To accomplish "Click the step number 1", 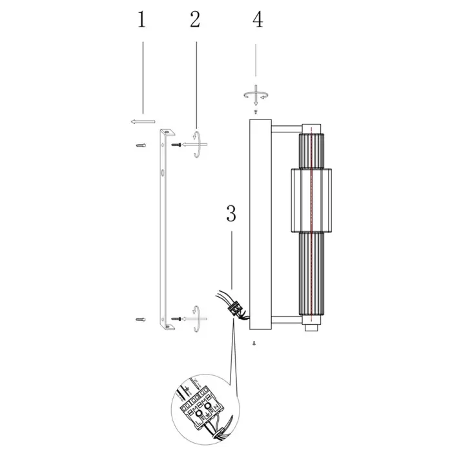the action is click(x=141, y=19).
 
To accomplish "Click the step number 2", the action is click(x=195, y=19).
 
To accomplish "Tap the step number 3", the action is click(x=231, y=214).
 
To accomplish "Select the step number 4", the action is click(x=258, y=19).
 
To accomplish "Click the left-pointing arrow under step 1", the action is click(x=143, y=121).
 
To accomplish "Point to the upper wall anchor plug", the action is click(x=141, y=145).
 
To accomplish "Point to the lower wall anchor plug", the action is click(x=141, y=320).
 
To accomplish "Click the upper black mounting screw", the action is click(x=176, y=145).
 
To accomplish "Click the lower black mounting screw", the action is click(x=176, y=319).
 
